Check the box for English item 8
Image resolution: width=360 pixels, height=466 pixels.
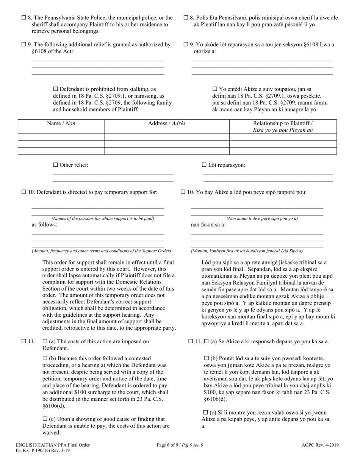24,17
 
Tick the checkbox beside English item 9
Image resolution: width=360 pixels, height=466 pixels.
24,45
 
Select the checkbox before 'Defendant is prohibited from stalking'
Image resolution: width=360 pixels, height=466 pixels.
55,89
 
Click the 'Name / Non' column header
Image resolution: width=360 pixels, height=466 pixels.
61,124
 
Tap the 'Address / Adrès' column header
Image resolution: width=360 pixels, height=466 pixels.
167,124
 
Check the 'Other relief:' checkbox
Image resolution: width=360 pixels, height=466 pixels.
55,165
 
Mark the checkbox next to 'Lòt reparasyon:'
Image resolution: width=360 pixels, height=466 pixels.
204,165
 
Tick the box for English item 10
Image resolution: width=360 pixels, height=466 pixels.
24,192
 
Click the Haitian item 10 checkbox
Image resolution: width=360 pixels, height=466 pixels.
183,192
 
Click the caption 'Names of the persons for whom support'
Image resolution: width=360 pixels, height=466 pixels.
103,219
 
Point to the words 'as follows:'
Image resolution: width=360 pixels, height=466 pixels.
44,225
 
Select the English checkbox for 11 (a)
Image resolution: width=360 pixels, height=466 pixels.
45,341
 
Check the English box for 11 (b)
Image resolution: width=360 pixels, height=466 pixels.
45,358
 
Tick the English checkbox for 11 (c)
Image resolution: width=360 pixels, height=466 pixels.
45,419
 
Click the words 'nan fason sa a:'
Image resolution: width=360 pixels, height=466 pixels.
208,225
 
